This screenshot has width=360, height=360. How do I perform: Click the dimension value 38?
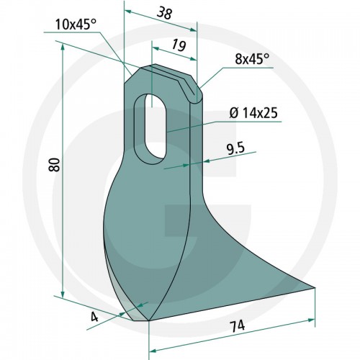(164, 13)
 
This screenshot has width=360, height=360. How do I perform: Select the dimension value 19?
(179, 45)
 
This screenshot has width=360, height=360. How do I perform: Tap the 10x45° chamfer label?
(76, 24)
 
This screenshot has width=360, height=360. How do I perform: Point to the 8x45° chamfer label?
(252, 59)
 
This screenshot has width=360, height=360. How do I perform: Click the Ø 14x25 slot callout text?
(253, 113)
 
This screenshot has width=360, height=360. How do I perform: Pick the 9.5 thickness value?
(235, 149)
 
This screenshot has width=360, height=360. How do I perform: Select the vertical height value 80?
(54, 164)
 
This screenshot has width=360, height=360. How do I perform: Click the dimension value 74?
(237, 326)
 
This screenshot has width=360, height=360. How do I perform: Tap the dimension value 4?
(94, 318)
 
